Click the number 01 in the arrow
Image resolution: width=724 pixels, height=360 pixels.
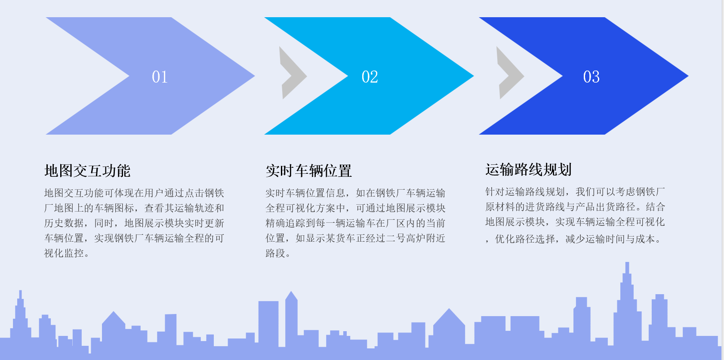[x=160, y=77]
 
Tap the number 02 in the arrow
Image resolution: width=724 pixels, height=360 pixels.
[x=370, y=77]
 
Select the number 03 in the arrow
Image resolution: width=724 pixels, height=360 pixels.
[x=591, y=77]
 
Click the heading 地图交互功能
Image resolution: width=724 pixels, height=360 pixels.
[x=87, y=171]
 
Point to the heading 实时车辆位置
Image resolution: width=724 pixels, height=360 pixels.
[x=309, y=171]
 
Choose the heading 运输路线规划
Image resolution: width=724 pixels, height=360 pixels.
[x=528, y=169]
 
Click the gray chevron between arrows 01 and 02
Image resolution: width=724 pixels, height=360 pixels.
[x=293, y=73]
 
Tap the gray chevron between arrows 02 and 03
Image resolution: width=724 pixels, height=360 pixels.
[x=510, y=73]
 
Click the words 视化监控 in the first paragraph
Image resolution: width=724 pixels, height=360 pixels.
[x=64, y=253]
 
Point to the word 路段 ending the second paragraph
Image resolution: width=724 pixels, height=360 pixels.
[x=275, y=253]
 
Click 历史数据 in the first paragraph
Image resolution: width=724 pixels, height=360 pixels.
[x=64, y=223]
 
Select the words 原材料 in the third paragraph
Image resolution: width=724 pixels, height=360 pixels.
[x=500, y=207]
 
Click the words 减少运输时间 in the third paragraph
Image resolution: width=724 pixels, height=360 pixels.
[x=595, y=239]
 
